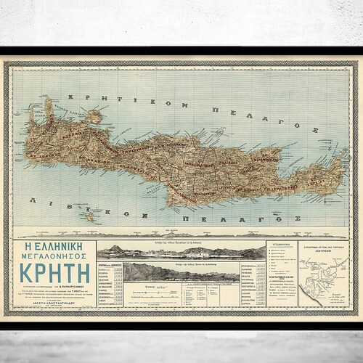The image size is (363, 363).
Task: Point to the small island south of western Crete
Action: coord(89,216)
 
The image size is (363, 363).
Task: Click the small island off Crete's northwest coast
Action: coord(94,116)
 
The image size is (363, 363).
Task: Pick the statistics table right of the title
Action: coord(110,276)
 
